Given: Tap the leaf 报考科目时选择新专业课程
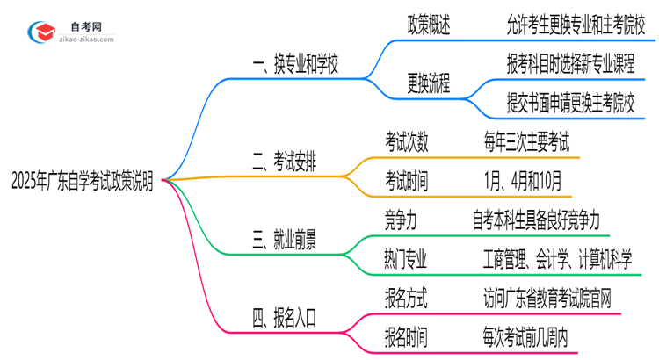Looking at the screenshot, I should [569, 64].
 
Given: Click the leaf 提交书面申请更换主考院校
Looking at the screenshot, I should [569, 103].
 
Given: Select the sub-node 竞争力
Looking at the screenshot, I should [400, 219].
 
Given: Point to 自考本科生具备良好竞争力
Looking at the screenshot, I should [547, 219].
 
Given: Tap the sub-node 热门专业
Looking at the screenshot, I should [406, 257].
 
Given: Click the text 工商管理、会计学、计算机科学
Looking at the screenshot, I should [557, 257].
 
